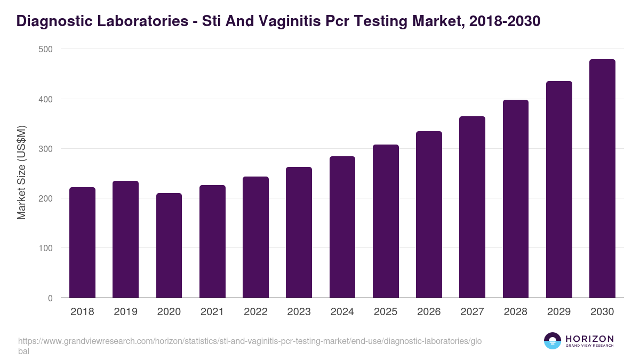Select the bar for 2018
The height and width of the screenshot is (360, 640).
82,243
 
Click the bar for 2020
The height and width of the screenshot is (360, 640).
169,245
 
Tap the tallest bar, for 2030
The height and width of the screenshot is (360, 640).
602,179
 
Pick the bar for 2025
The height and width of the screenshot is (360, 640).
386,221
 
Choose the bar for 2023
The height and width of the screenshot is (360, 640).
299,233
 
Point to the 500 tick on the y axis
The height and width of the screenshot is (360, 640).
46,49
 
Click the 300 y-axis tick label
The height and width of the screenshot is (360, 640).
46,149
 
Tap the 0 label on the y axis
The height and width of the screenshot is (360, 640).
50,298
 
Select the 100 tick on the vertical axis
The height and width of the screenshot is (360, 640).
46,249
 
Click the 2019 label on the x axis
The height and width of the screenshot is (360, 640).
125,312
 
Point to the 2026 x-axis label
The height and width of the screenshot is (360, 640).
429,312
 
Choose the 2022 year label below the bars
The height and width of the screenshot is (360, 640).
255,312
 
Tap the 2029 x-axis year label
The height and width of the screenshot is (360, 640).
559,312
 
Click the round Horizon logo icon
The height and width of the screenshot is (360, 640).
553,341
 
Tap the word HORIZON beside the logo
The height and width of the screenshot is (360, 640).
589,339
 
